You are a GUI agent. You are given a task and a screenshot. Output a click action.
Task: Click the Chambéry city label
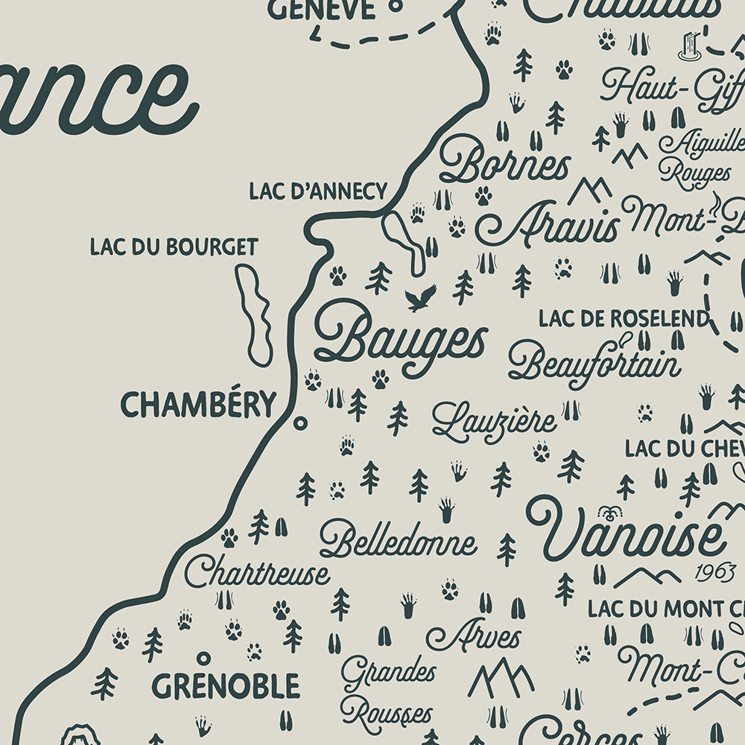197,405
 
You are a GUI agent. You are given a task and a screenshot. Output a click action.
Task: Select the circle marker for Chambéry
301,422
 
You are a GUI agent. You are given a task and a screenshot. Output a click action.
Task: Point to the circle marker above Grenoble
203,658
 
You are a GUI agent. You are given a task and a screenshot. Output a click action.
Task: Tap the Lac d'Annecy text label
318,191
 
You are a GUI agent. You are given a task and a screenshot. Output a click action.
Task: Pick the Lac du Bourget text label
174,247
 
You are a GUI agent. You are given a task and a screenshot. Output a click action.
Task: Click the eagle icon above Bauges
420,298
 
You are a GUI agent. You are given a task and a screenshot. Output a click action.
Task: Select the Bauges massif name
400,339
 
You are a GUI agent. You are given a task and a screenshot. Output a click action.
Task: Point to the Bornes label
504,162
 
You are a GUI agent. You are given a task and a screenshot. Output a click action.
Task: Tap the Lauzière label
494,422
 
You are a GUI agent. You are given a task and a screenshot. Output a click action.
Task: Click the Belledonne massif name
398,542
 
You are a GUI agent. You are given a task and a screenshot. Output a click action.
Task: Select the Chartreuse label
257,573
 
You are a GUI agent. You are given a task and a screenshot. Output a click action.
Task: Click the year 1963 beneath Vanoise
714,573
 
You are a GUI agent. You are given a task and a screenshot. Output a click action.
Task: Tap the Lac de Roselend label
623,319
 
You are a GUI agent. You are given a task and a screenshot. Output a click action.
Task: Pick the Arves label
474,636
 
